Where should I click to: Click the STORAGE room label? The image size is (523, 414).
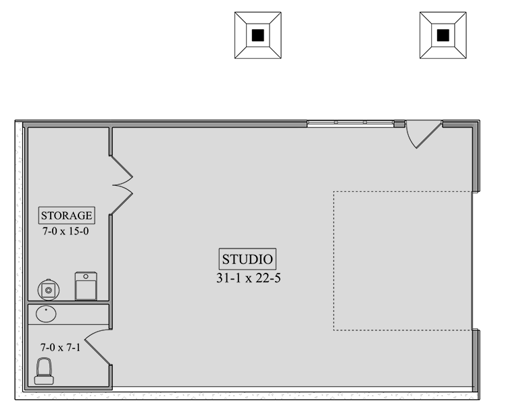(x=66, y=215)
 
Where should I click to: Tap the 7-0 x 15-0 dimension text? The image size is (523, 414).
(x=66, y=230)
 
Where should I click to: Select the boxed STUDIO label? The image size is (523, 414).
(x=248, y=259)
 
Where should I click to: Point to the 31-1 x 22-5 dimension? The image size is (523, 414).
(x=248, y=277)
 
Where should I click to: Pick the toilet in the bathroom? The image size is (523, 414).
(x=45, y=371)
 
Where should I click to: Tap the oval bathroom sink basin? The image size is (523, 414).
(x=46, y=314)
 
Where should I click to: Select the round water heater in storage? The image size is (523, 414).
(x=48, y=290)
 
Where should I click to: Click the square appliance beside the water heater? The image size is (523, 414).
(x=86, y=286)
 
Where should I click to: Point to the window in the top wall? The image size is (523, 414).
(x=350, y=124)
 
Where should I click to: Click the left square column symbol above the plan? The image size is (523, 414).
(x=257, y=35)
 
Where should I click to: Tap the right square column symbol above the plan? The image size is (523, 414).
(x=443, y=35)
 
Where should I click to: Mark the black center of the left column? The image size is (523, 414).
(x=257, y=35)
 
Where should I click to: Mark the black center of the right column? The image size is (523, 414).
(x=443, y=35)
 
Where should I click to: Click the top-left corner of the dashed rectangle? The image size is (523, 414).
(x=334, y=192)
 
